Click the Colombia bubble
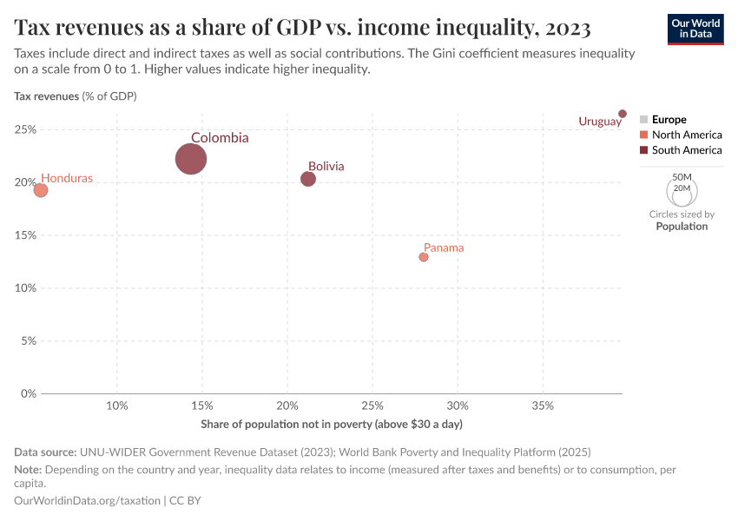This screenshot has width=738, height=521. click(x=191, y=159)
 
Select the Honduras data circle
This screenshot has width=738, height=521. click(x=40, y=190)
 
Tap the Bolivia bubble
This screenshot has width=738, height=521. click(x=308, y=179)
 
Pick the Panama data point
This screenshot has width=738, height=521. click(x=424, y=257)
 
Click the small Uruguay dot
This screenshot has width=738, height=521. click(x=623, y=114)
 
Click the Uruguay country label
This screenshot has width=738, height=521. click(x=600, y=122)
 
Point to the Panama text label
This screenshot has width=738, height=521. click(x=444, y=247)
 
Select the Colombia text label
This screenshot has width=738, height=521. click(x=220, y=137)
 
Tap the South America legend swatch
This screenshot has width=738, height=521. click(x=643, y=150)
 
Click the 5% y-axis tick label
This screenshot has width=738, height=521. click(x=29, y=340)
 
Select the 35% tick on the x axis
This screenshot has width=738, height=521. click(x=543, y=406)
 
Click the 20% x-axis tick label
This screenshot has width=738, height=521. click(x=287, y=406)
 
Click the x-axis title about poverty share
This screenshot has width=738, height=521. click(x=332, y=424)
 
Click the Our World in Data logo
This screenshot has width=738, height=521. click(x=695, y=29)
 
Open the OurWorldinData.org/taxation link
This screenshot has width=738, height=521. click(x=87, y=500)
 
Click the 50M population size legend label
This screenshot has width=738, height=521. click(x=682, y=176)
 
